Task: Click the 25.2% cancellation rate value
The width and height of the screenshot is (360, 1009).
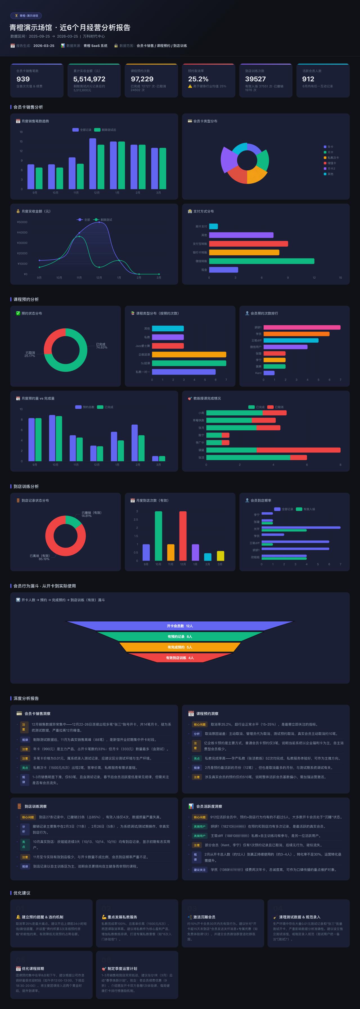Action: coord(198,79)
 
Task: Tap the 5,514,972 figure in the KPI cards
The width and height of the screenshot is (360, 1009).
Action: coord(89,79)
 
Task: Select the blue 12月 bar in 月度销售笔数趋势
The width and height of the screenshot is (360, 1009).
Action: coord(93,164)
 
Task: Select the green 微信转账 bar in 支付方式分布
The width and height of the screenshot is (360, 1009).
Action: coord(261,261)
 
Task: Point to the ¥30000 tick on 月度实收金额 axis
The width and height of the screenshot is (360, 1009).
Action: coord(22,243)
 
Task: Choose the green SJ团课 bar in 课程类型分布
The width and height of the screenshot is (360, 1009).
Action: coord(189,363)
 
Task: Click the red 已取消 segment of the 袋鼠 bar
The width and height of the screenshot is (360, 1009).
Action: coord(298,450)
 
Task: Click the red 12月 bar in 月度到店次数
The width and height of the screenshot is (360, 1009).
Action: coord(183,535)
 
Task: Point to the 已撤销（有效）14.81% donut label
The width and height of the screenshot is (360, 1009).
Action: coord(91,514)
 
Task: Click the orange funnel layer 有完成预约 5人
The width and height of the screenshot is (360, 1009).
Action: coord(180,647)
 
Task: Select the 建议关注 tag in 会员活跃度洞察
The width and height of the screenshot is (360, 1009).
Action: coord(199,870)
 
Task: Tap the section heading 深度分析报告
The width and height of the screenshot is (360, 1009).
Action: coord(26,698)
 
